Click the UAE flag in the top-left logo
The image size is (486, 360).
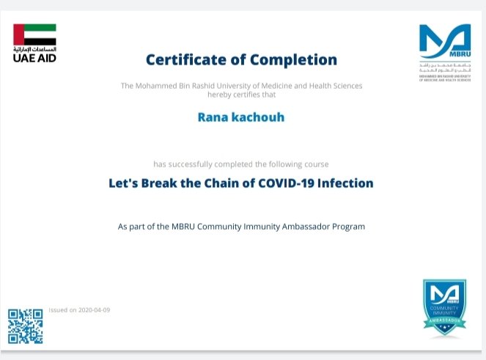point(34,34)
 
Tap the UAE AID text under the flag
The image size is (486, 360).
point(34,57)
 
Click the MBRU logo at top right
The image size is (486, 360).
point(444,43)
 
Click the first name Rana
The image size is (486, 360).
point(213,117)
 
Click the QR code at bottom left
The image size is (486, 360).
point(26,326)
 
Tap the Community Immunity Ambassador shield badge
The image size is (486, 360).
point(444,307)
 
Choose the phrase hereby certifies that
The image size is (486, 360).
point(242,95)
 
